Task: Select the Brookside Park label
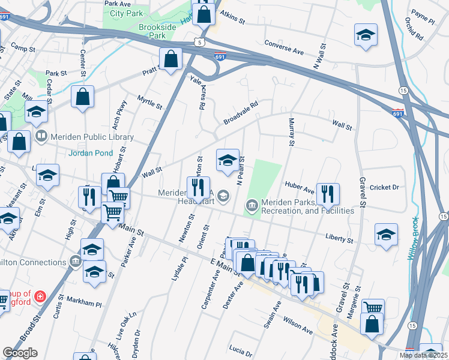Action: (143, 31)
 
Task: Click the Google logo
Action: (20, 353)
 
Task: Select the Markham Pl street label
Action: (84, 303)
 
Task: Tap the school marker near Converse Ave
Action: (365, 35)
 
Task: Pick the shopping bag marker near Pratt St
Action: (170, 59)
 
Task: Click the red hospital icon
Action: (40, 296)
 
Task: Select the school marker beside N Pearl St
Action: (228, 160)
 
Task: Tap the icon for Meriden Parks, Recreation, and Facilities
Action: (251, 206)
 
